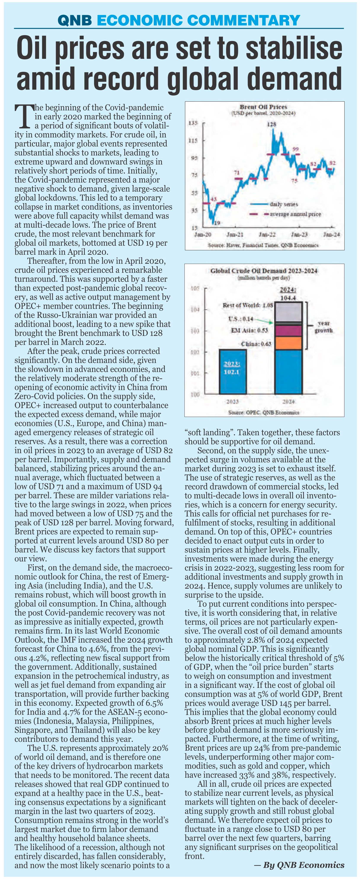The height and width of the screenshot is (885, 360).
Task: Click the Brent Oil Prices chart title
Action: [x=264, y=107]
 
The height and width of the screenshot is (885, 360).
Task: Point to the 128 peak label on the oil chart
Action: [x=271, y=124]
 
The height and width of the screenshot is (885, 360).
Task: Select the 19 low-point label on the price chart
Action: [x=216, y=223]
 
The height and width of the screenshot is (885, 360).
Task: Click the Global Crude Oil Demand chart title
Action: [x=264, y=271]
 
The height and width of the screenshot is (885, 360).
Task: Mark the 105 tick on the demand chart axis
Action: [x=195, y=289]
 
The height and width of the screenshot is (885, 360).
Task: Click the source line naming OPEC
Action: [x=264, y=412]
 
